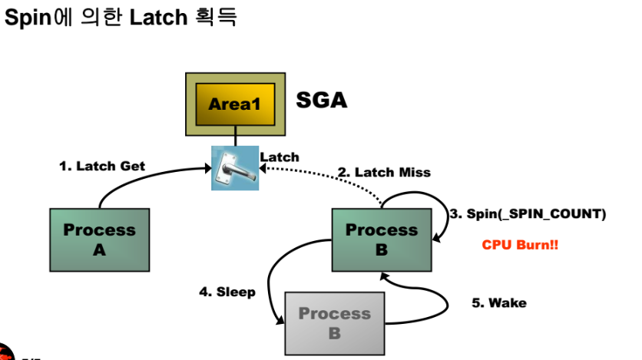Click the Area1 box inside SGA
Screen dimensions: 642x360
pos(235,104)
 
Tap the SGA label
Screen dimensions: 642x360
pos(322,101)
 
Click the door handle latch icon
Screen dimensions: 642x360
pos(235,168)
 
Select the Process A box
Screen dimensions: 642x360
pos(100,239)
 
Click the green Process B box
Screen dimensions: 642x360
pos(382,239)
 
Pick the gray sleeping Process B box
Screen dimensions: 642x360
pos(335,323)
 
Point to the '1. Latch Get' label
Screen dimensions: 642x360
pos(102,166)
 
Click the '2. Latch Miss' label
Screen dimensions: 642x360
pos(384,172)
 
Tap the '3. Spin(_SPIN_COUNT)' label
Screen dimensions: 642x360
pos(528,214)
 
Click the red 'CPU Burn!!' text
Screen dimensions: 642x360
pos(520,245)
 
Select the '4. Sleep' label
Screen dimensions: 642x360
pos(227,292)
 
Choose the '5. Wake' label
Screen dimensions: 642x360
pos(499,302)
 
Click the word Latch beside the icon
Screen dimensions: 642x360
pos(280,157)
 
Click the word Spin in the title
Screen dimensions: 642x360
pos(28,18)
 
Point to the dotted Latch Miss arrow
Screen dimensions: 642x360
pos(328,174)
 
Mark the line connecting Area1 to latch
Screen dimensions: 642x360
pos(236,136)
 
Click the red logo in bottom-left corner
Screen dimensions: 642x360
pos(6,352)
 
